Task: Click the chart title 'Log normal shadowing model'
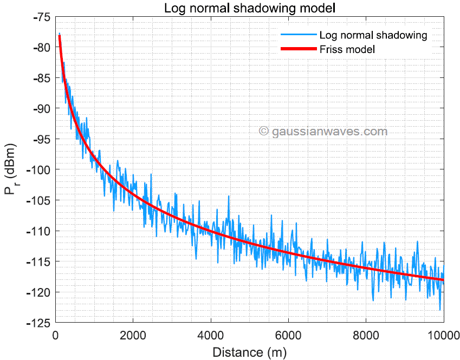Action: click(x=250, y=9)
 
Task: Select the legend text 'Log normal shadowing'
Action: click(x=373, y=35)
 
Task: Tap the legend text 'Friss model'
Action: click(x=347, y=49)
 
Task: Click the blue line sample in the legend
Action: click(x=298, y=35)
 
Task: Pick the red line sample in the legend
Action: click(x=298, y=49)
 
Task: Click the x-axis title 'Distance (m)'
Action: click(x=250, y=352)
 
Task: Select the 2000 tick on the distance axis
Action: click(x=133, y=334)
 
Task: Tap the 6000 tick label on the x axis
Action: click(x=289, y=334)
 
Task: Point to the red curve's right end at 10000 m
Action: click(x=443, y=280)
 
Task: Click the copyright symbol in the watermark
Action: click(x=264, y=131)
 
